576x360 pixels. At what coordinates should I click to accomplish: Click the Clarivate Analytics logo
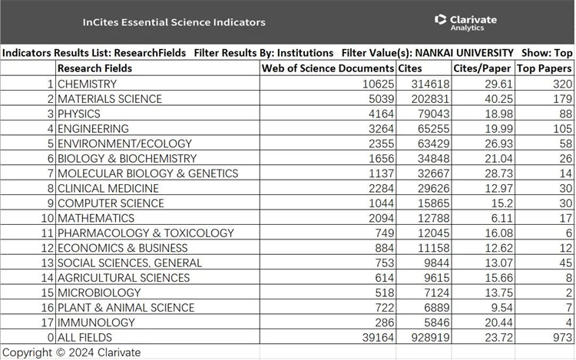pos(465,21)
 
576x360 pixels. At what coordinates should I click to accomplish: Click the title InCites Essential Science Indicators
pos(174,22)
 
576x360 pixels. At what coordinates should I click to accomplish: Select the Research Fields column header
pos(94,68)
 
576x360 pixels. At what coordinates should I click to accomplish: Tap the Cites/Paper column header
pos(482,68)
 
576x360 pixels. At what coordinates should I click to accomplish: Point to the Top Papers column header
pos(544,68)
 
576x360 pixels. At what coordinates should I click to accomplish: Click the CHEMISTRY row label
pos(87,84)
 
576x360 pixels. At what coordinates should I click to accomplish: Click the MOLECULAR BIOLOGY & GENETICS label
pos(147,173)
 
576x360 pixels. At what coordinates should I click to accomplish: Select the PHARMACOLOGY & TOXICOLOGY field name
pos(145,233)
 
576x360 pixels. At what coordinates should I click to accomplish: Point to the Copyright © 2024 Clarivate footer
pos(71,352)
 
